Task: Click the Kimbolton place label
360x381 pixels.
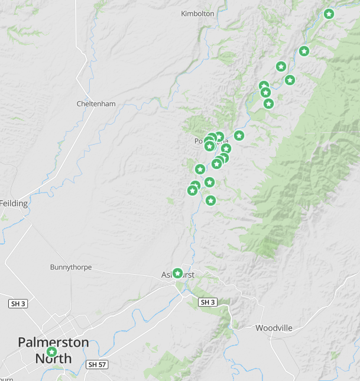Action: (x=197, y=13)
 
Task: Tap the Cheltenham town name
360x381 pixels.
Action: (x=96, y=103)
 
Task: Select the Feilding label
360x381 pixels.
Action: (x=14, y=203)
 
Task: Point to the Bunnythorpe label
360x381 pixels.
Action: (x=71, y=267)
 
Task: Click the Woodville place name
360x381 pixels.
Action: (x=274, y=328)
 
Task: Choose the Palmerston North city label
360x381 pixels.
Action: (x=53, y=350)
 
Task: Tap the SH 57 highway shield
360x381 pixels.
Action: (x=97, y=364)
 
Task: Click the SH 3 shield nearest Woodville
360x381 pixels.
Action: (x=207, y=302)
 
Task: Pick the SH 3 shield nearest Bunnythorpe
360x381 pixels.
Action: (x=18, y=304)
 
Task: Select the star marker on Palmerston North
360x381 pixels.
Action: (x=51, y=352)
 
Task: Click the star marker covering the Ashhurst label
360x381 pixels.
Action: (x=177, y=273)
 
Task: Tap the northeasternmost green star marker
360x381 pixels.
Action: (x=329, y=14)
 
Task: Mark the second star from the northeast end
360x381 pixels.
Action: (x=304, y=51)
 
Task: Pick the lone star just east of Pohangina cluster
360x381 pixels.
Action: (x=239, y=135)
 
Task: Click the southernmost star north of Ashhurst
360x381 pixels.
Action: (x=210, y=200)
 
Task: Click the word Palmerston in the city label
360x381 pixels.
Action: (x=53, y=343)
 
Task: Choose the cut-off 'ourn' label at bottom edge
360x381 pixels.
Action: (x=7, y=379)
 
